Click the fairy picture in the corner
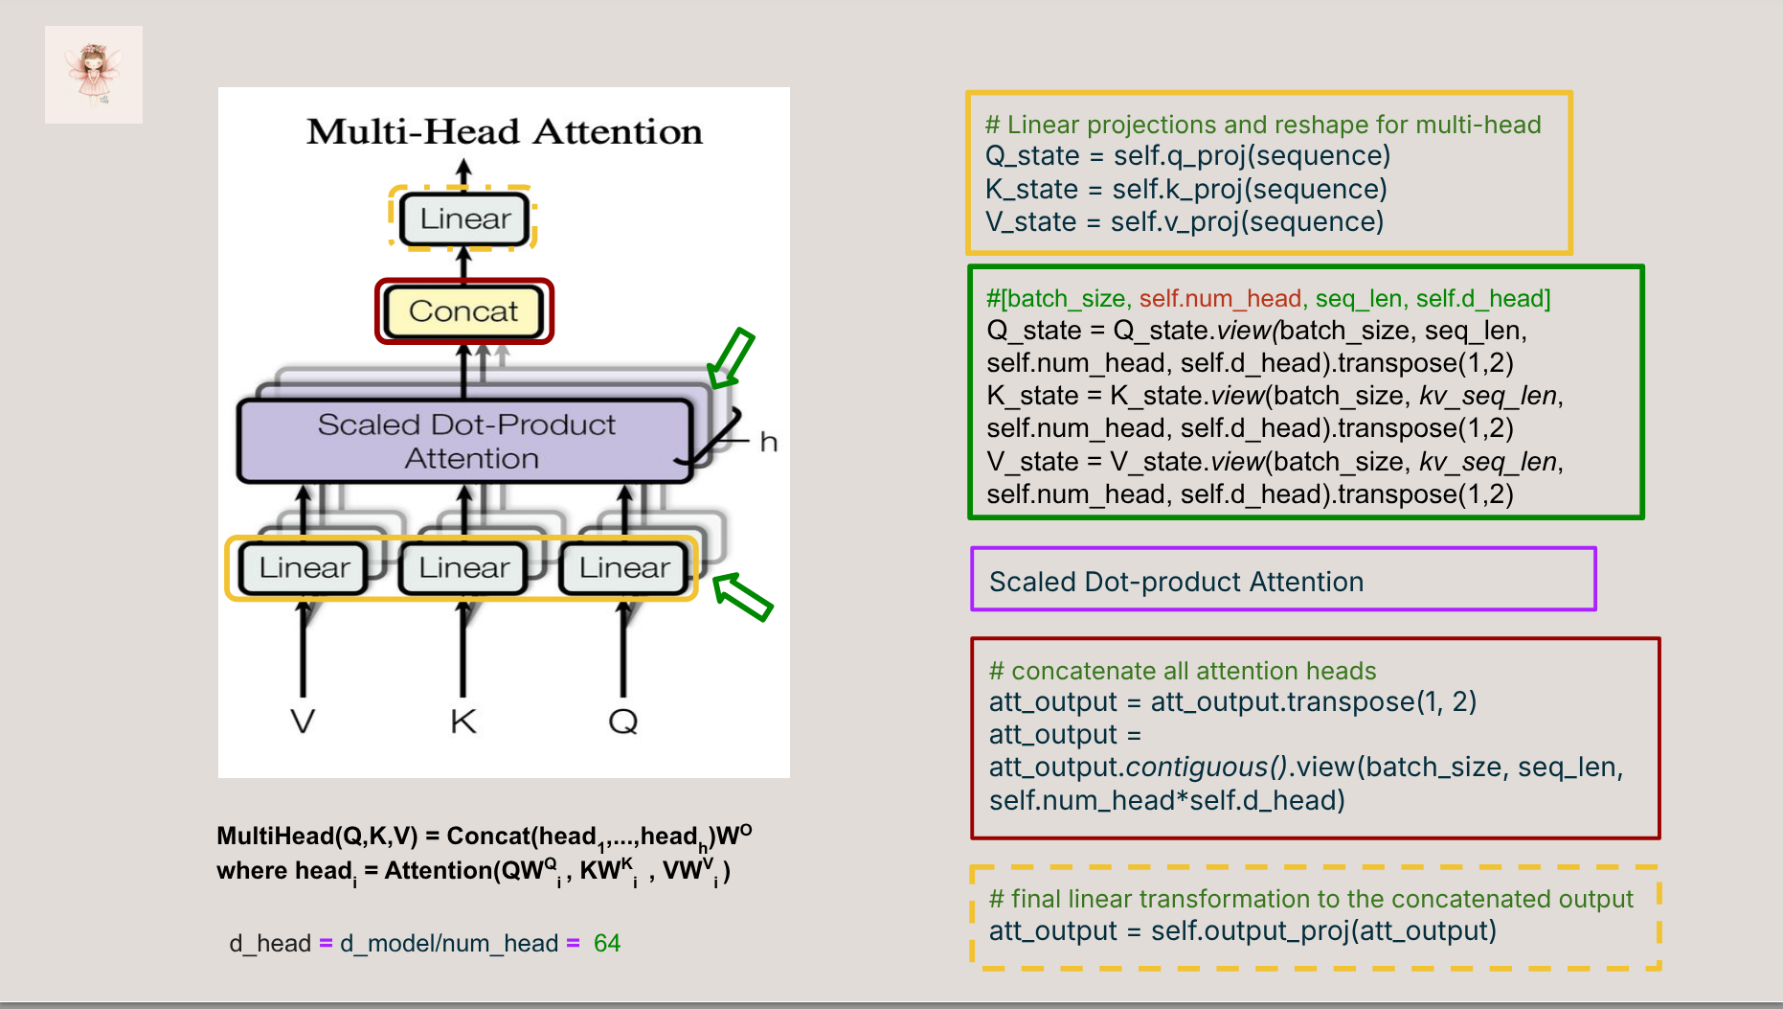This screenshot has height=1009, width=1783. click(94, 75)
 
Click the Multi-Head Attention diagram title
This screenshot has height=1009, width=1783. click(504, 132)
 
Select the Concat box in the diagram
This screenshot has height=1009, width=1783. click(463, 311)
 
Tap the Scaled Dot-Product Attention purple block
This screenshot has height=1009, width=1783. click(465, 441)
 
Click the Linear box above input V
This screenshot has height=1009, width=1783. click(304, 568)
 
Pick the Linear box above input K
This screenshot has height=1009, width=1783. click(463, 568)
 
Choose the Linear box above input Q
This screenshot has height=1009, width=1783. click(624, 568)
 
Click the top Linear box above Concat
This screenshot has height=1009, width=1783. click(464, 219)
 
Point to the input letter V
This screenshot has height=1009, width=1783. click(303, 721)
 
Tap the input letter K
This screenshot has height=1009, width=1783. click(463, 721)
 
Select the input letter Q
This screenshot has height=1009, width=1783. click(623, 721)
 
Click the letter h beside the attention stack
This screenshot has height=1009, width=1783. click(768, 443)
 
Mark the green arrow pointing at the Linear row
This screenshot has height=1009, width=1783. click(743, 597)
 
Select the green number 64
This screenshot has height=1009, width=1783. click(607, 944)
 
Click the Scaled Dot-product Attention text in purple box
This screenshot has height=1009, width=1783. click(1176, 582)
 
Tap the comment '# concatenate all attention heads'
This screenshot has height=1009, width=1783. click(1183, 671)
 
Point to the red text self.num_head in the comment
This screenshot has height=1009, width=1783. click(1220, 299)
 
